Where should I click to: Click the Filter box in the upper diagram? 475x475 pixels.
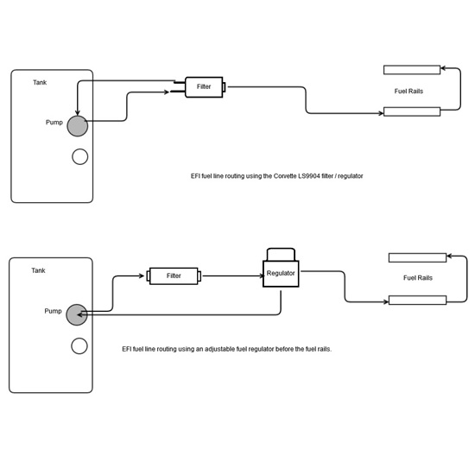[204, 87]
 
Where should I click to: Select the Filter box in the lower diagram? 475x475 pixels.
[174, 276]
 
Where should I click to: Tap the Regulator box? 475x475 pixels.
[281, 274]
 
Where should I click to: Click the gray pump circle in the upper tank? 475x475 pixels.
[78, 126]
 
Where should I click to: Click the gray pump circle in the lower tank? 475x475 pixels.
[77, 314]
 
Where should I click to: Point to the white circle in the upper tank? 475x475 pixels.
[80, 156]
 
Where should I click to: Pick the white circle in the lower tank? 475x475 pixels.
[79, 346]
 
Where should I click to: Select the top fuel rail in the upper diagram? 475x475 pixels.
[412, 70]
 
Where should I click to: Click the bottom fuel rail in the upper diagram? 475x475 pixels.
[412, 111]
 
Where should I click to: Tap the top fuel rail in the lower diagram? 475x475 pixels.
[417, 258]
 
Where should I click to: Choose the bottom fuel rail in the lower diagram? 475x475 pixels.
[417, 301]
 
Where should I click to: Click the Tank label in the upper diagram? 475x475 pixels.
[40, 82]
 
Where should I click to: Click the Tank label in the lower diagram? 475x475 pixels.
[38, 270]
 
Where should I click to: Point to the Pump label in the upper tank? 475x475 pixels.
[54, 123]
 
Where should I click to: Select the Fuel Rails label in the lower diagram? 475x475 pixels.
[418, 278]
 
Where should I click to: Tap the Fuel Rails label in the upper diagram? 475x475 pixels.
[408, 92]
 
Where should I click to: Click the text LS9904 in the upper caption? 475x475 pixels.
[309, 176]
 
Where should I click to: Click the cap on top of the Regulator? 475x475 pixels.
[281, 255]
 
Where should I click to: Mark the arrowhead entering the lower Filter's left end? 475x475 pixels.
[142, 276]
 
